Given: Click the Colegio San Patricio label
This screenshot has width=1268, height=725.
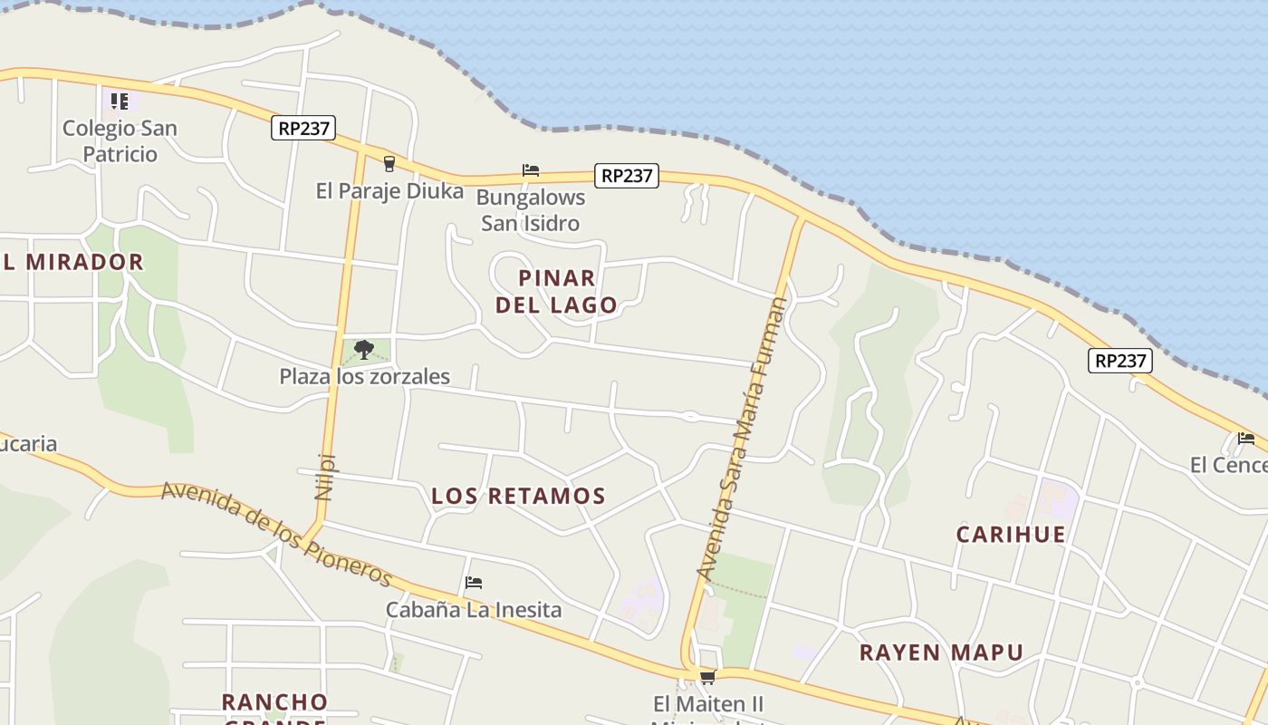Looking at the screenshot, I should (120, 140).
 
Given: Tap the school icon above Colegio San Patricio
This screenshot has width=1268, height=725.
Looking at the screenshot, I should (120, 101).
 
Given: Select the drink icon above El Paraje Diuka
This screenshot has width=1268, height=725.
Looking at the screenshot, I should (389, 164).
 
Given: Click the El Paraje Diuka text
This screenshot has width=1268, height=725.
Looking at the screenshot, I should (389, 190).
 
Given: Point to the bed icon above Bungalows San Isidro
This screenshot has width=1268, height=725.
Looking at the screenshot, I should (531, 170).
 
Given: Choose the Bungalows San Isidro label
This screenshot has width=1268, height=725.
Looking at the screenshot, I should (531, 209).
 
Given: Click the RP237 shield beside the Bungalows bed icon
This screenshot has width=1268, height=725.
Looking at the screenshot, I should (627, 175).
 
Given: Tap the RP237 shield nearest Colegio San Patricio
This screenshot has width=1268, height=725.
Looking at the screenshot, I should (303, 128).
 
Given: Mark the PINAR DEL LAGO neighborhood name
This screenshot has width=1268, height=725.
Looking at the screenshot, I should (557, 291).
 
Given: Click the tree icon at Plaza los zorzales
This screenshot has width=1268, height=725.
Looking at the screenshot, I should (364, 349).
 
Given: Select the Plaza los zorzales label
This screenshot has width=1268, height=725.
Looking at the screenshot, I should (364, 376).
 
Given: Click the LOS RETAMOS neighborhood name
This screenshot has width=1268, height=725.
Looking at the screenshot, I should (518, 496).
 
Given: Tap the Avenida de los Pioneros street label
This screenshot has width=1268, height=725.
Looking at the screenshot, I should (276, 534).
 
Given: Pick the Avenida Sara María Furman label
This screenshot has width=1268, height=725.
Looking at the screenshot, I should (742, 439).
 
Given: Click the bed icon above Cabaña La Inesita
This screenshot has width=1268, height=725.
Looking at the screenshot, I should (473, 583).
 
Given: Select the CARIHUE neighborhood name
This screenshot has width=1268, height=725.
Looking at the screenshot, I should (1011, 534).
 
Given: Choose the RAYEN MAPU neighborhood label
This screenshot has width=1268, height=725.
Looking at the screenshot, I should (941, 652).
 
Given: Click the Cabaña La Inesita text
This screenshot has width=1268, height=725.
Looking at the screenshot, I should (474, 610).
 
